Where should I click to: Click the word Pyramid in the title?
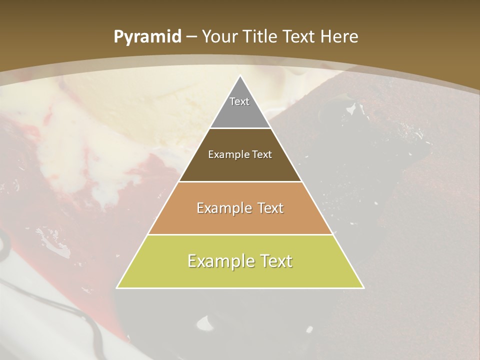(147, 37)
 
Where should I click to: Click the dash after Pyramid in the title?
(191, 37)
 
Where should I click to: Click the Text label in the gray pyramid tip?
(239, 101)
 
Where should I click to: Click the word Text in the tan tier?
(270, 208)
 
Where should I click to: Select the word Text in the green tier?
(276, 261)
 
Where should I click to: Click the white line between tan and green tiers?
(240, 234)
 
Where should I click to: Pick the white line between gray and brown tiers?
(240, 128)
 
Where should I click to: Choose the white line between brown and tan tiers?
(240, 181)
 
